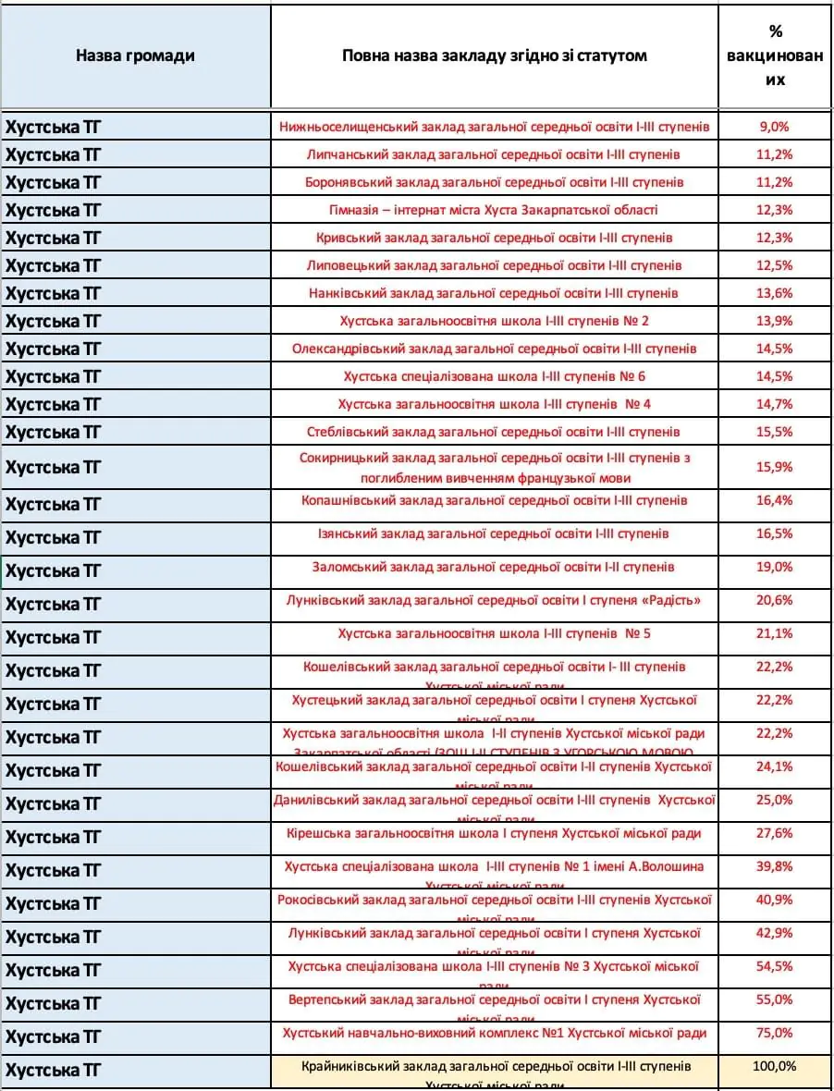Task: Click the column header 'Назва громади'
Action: pos(135,55)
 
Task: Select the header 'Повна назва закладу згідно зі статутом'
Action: pos(494,55)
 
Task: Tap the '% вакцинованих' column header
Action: pos(775,55)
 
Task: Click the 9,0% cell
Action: pos(775,127)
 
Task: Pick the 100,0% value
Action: pos(775,1066)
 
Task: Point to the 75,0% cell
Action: pos(775,1033)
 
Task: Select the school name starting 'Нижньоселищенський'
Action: pos(494,127)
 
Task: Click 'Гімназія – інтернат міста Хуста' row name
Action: pos(494,210)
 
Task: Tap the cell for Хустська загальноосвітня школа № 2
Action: pos(494,321)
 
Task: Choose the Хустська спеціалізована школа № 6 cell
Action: pos(494,376)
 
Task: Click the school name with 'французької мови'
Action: pos(494,468)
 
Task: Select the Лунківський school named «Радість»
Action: pos(494,600)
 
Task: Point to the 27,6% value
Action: pos(775,833)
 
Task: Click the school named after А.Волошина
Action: pos(494,866)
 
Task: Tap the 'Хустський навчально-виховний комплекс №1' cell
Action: pos(494,1033)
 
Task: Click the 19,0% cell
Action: pos(775,567)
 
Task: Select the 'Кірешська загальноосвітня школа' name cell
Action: pos(494,833)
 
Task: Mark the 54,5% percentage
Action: pos(775,966)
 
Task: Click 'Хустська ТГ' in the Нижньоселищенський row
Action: pos(54,127)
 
